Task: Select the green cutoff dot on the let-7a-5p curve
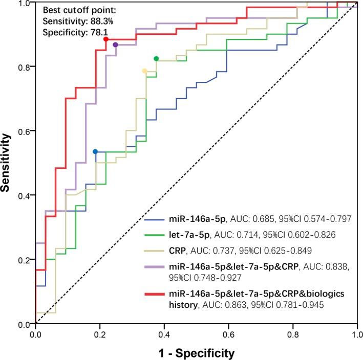(156, 58)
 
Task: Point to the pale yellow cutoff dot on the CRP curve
(144, 71)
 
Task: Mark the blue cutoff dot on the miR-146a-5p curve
(95, 151)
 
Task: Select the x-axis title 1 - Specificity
(197, 352)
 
